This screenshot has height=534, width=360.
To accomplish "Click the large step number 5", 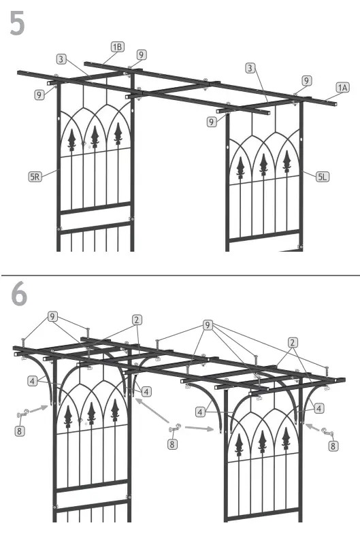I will [18, 23].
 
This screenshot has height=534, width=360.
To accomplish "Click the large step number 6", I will [19, 294].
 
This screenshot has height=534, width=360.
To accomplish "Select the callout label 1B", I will [118, 46].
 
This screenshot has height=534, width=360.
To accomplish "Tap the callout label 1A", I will [342, 87].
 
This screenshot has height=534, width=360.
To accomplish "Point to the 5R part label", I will [35, 176].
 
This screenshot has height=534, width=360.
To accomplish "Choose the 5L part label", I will [323, 176].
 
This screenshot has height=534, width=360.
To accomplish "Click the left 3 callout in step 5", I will [61, 59].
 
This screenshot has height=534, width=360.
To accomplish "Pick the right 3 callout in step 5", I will [250, 68].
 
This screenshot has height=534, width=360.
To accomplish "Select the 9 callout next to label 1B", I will [141, 54].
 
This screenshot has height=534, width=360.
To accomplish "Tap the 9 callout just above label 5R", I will [39, 95].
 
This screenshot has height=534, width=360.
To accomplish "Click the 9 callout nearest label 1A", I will [307, 80].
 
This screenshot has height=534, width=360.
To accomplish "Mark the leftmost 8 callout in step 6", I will [20, 431].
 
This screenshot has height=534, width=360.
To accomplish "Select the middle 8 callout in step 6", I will [174, 444].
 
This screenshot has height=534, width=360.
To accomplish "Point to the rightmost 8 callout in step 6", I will [332, 446].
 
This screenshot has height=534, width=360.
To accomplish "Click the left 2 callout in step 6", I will [137, 319].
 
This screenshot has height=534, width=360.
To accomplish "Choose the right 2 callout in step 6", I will [293, 342].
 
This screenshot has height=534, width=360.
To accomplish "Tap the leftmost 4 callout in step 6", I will [32, 381].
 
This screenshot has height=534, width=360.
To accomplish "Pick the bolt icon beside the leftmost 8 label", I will [22, 413].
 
